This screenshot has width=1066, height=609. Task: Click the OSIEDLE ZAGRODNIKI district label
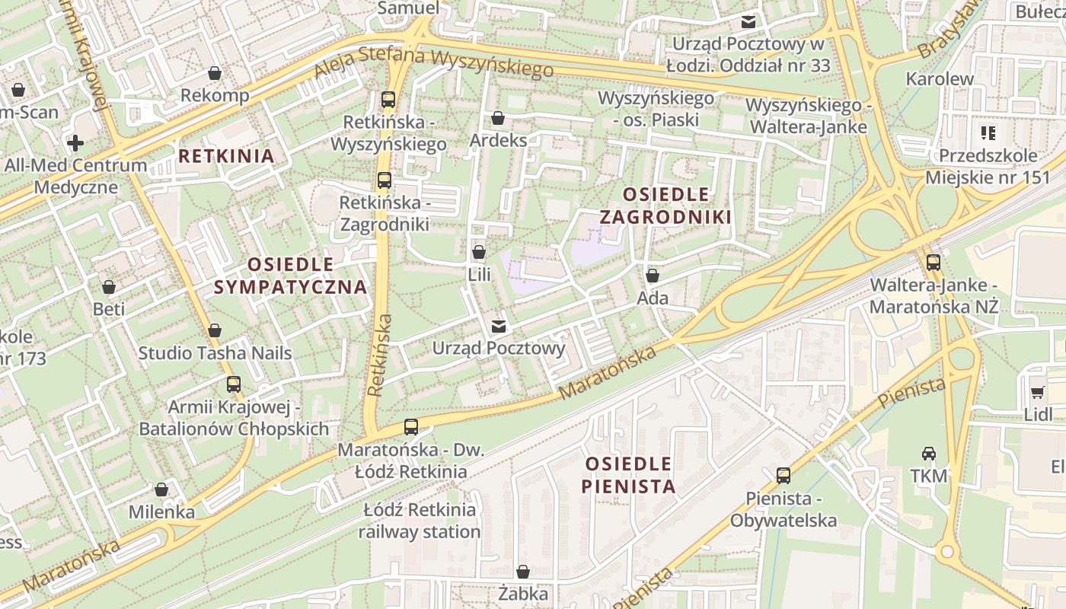(665, 206)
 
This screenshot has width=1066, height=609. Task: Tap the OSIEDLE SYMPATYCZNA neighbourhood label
(290, 276)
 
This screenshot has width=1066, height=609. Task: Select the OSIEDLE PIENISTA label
(629, 475)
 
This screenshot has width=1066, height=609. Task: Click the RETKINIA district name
(225, 156)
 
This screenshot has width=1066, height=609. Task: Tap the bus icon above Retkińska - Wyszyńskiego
(388, 99)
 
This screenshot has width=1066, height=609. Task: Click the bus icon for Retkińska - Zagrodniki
(385, 180)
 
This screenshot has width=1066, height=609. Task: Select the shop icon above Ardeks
(498, 118)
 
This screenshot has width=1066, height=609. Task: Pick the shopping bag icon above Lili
(479, 252)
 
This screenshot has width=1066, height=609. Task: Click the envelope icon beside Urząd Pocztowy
(499, 327)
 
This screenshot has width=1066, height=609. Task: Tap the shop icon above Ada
(653, 276)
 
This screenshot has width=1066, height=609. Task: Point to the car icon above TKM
(929, 454)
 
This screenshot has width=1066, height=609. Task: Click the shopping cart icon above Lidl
(1037, 392)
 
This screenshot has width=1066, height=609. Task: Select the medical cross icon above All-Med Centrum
(75, 142)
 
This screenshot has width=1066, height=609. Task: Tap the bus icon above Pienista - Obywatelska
(783, 476)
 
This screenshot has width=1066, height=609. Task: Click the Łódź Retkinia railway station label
(419, 521)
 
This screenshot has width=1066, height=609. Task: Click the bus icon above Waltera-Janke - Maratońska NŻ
(934, 263)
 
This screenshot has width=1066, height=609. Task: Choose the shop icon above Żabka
(523, 571)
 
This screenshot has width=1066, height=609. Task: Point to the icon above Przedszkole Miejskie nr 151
(988, 134)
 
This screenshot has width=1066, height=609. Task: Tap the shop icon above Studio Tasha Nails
(215, 330)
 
